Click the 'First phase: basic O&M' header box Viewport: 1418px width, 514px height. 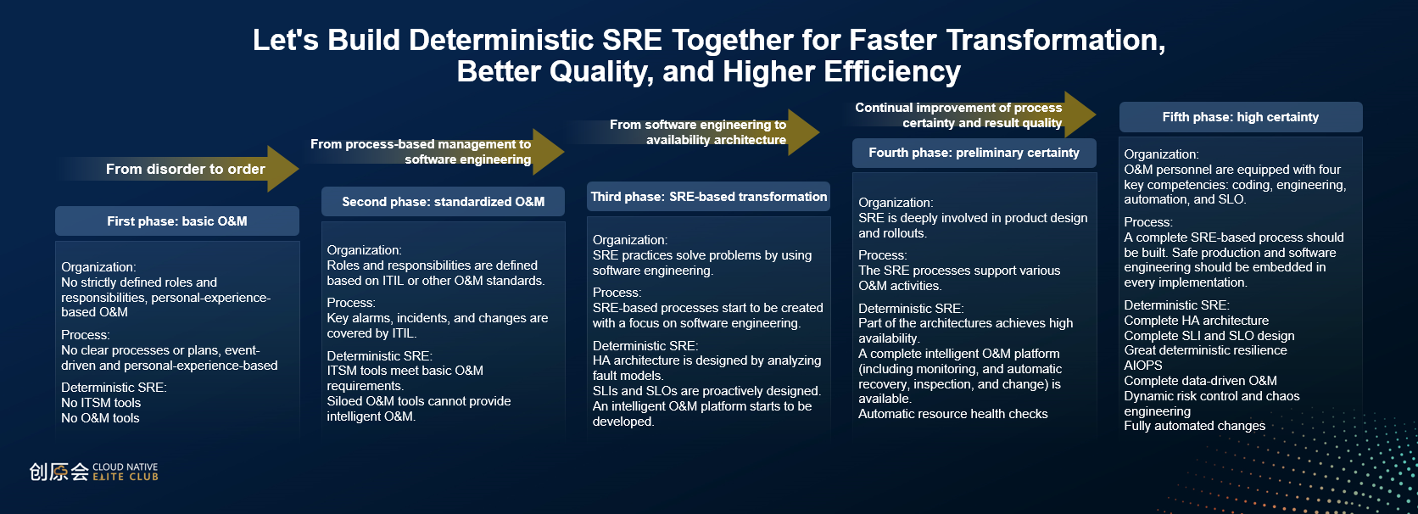click(177, 221)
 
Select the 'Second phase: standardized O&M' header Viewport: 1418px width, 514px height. click(443, 201)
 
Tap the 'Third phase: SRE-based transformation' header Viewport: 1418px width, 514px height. click(708, 196)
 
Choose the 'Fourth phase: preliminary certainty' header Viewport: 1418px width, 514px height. click(974, 153)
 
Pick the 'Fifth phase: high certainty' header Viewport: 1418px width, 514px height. click(1241, 117)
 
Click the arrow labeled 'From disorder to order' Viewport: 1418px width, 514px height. click(177, 169)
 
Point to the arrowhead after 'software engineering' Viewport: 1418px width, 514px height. click(548, 152)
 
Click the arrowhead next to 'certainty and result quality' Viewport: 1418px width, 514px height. click(1080, 115)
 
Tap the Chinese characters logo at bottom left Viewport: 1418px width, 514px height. click(59, 472)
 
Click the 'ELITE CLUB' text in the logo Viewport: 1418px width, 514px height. click(126, 477)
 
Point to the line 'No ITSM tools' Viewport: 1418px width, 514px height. click(101, 403)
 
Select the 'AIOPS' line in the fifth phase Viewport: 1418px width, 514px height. click(1142, 366)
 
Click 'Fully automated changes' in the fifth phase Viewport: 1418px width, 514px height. click(1195, 426)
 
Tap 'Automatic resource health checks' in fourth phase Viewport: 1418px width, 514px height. click(952, 414)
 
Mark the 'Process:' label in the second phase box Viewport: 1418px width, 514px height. click(351, 303)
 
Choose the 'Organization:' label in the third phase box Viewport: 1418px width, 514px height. click(630, 240)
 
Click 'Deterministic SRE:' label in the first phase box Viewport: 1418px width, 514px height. click(114, 388)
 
